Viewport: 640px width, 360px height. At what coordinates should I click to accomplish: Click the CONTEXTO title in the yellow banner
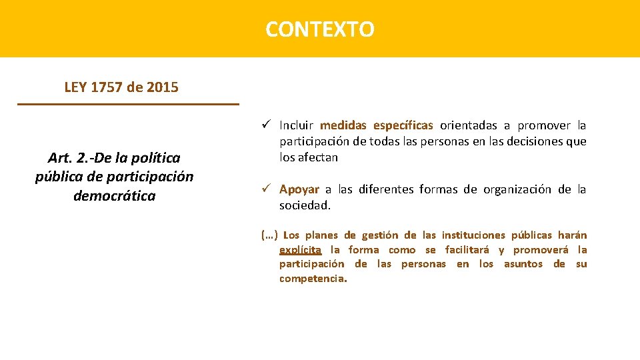320,29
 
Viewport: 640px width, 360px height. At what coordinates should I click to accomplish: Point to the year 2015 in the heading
163,87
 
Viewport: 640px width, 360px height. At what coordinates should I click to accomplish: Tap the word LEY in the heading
76,87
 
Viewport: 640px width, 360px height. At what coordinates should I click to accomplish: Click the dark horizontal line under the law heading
128,104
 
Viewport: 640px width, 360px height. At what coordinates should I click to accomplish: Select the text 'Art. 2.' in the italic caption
70,158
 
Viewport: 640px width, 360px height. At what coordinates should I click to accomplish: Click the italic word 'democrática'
114,196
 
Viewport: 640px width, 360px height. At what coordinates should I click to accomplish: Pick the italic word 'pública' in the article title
58,177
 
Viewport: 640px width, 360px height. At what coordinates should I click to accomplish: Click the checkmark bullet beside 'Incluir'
265,125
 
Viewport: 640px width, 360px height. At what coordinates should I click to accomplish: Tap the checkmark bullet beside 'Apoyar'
265,189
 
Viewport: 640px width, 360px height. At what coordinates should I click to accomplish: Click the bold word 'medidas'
343,125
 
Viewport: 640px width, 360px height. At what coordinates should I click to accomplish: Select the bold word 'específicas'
403,125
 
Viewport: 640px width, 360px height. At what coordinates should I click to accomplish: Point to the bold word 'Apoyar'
299,189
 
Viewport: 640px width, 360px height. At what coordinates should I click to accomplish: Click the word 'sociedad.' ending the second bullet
305,205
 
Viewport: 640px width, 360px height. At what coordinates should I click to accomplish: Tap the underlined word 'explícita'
300,250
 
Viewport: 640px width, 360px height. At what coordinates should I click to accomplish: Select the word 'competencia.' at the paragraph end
313,279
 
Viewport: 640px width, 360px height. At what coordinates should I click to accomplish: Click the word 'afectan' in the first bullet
319,157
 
